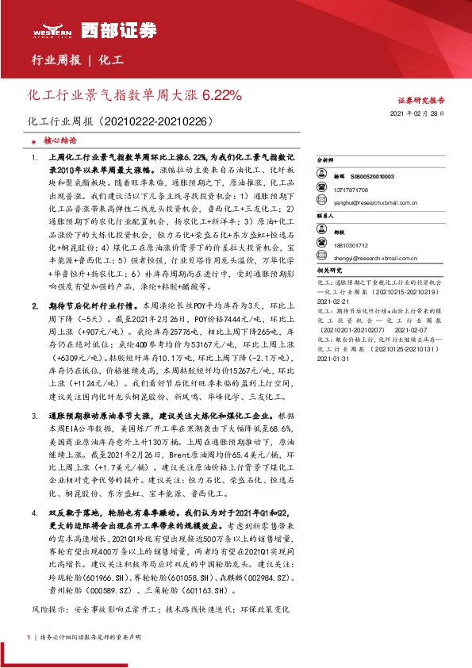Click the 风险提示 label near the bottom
pos(48,588)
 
